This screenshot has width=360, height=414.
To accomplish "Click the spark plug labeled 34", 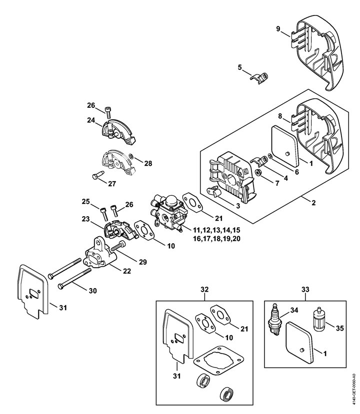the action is (274, 320).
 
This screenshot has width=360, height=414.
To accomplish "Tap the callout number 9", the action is (278, 28).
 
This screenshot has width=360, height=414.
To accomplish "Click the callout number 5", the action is (239, 67).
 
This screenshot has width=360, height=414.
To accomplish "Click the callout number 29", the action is (143, 262).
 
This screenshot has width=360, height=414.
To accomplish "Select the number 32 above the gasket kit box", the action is (204, 289).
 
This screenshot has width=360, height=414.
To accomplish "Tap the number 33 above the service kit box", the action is (305, 289).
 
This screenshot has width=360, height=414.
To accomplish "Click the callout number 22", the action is (127, 271).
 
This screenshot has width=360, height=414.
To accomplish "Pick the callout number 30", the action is (92, 291).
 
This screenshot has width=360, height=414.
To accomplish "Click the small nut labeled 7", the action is (258, 173).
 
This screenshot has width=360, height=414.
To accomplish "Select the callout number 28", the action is (148, 163).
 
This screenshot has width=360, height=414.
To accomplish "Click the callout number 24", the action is (91, 120).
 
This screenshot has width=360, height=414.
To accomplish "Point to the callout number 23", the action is (86, 219).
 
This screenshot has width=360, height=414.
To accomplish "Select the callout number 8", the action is (280, 116).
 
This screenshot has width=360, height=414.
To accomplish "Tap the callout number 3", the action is (238, 206).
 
